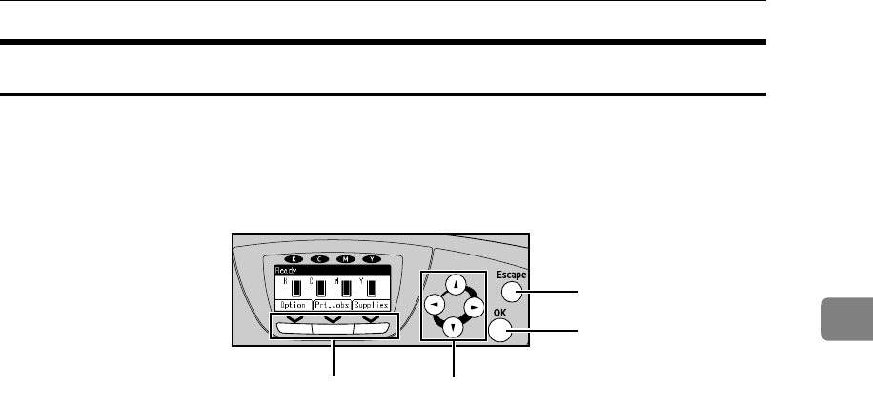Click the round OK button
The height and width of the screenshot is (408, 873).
502,331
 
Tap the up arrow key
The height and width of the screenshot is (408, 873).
456,282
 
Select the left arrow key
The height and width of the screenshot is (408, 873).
434,304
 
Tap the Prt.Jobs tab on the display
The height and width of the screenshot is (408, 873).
331,305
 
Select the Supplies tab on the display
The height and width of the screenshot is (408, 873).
372,305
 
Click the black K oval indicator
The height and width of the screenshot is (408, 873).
294,258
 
